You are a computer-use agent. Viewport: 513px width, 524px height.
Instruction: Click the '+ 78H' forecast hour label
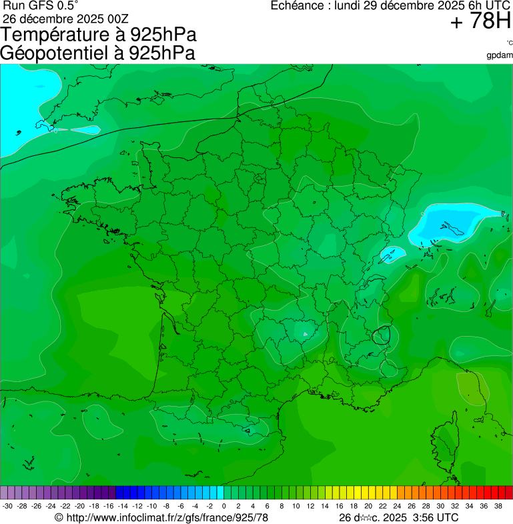pos(480,22)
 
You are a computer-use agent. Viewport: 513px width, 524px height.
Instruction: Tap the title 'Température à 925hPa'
pos(98,35)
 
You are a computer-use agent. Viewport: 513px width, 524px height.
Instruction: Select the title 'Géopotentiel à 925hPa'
pos(98,53)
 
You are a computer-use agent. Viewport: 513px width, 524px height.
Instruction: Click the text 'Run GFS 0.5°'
pos(41,5)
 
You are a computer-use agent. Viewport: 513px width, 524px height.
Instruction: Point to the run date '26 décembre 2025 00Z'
pos(70,18)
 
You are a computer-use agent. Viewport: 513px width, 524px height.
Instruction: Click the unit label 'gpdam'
pos(500,55)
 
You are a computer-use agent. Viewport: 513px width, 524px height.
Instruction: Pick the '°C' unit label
pos(509,43)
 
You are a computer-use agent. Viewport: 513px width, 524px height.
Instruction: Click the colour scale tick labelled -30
pos(8,507)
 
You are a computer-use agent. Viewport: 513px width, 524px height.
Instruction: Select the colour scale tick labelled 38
pos(498,507)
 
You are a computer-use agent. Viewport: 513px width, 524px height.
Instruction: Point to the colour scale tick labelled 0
pos(223,507)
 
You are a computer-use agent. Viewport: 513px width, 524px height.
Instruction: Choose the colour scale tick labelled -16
pos(109,507)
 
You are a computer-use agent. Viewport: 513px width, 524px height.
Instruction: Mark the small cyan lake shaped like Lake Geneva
pos(392,254)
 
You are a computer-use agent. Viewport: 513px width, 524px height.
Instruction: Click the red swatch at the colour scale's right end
pos(508,493)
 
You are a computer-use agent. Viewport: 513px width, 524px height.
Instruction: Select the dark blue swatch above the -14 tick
pos(123,493)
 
